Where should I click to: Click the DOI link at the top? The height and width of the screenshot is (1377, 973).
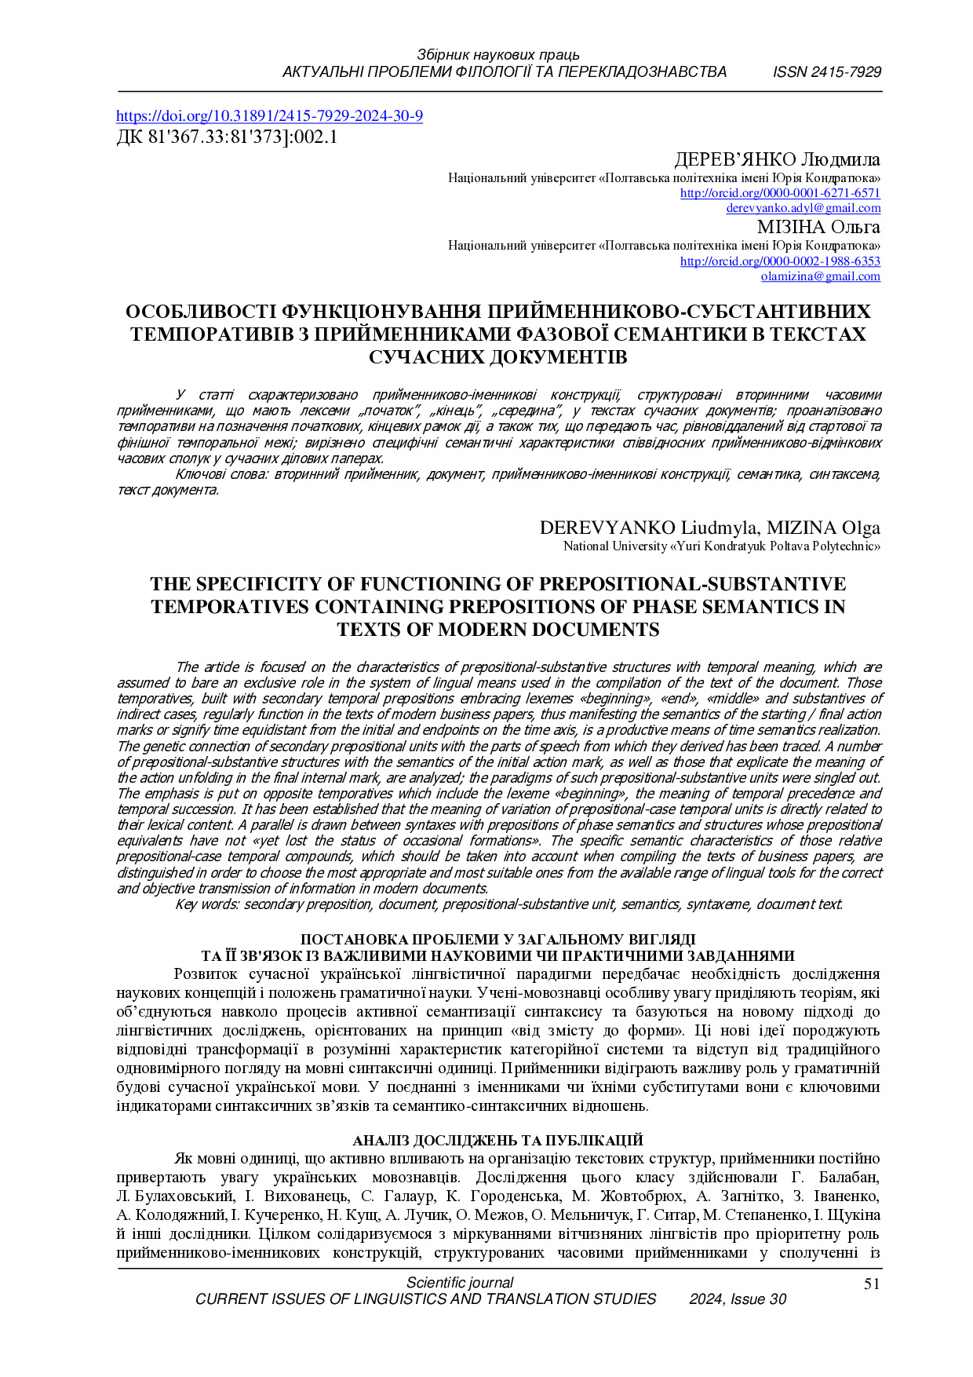(269, 116)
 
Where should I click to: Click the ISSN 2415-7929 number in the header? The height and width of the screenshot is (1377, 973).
(826, 72)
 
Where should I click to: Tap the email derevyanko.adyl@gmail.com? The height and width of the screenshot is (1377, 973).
(803, 208)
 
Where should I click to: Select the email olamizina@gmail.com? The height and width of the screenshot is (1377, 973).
(820, 276)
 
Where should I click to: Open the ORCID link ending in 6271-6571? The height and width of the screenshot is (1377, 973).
(780, 193)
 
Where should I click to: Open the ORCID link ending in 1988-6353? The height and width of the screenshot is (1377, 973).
(780, 261)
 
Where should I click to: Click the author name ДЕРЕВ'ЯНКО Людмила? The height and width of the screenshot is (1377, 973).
(777, 160)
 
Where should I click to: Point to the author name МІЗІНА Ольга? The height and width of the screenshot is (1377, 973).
(818, 228)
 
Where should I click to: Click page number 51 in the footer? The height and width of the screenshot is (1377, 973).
(871, 1284)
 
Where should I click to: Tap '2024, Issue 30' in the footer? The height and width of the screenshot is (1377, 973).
(737, 1299)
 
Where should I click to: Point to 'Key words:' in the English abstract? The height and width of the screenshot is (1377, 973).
(207, 904)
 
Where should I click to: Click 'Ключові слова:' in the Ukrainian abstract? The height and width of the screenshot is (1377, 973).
(222, 474)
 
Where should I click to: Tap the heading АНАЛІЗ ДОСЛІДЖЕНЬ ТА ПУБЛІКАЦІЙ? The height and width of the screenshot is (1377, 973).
(497, 1141)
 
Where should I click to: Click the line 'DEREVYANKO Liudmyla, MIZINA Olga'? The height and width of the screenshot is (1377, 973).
(709, 528)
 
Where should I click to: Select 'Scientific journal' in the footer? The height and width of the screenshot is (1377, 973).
(460, 1284)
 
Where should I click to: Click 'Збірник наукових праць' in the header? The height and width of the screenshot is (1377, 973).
(497, 55)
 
